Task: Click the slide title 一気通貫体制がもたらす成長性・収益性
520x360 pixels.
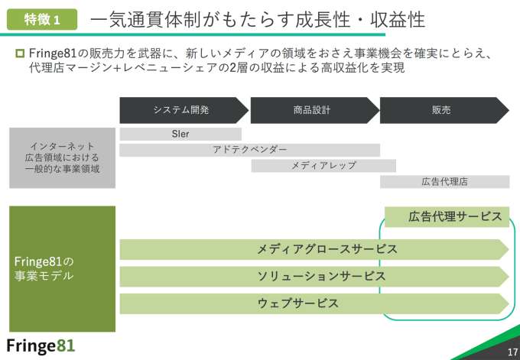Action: click(x=256, y=19)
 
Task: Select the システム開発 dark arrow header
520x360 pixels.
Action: click(x=182, y=110)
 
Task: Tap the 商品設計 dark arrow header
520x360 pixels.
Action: click(x=312, y=110)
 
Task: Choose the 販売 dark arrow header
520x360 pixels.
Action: click(x=441, y=110)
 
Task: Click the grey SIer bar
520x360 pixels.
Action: click(x=180, y=134)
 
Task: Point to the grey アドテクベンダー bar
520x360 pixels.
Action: click(x=250, y=150)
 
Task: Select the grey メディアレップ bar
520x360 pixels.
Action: click(x=323, y=165)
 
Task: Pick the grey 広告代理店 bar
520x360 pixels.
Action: click(x=444, y=182)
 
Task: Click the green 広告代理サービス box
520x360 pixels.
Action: click(x=447, y=216)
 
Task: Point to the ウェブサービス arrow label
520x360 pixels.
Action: click(x=298, y=303)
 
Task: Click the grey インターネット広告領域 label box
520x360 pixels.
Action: click(x=63, y=157)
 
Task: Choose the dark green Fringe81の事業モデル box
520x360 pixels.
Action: click(x=63, y=268)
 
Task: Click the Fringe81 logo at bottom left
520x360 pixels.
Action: click(x=41, y=345)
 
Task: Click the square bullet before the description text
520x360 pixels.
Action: click(x=20, y=54)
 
